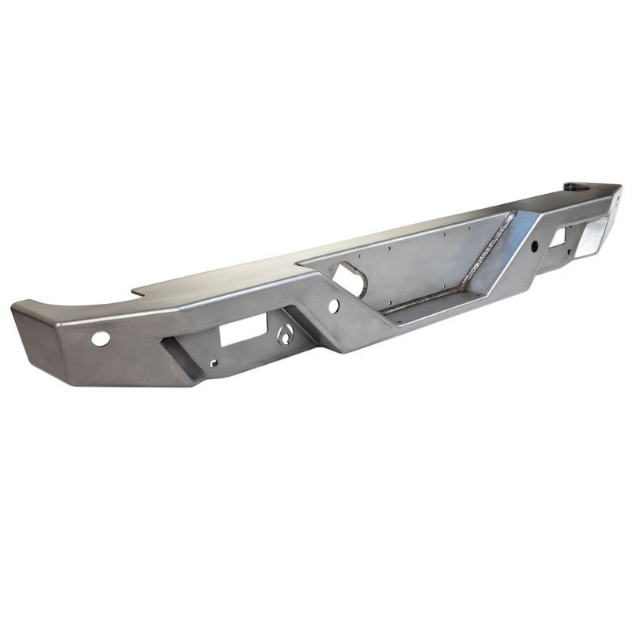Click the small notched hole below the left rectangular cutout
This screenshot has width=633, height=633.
(x=214, y=365)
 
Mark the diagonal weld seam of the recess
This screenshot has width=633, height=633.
(x=483, y=266)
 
